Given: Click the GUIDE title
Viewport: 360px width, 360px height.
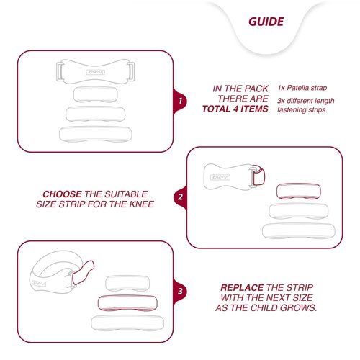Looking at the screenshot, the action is (x=266, y=22).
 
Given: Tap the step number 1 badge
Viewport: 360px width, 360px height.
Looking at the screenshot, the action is (x=180, y=101).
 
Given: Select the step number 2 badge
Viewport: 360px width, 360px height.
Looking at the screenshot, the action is (x=180, y=197).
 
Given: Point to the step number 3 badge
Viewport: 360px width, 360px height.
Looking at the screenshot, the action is (x=180, y=292).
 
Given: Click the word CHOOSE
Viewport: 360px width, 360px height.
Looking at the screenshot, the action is (x=62, y=194).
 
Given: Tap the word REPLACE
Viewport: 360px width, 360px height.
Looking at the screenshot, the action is (x=242, y=287).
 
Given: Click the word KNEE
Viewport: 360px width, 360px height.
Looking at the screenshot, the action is (x=142, y=204).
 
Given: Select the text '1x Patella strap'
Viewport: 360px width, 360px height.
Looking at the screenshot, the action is (x=302, y=88).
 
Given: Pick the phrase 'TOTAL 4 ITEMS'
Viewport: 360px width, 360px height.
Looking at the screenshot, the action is (x=235, y=109).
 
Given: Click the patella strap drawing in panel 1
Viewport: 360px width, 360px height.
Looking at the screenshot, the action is (x=95, y=71).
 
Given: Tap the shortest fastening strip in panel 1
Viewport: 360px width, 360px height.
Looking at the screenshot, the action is (x=96, y=94).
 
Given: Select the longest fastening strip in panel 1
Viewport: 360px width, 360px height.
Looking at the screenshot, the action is (x=96, y=134).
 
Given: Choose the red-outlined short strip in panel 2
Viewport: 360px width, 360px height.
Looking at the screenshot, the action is (x=299, y=192).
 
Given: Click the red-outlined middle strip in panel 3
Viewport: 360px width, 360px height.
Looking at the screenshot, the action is (x=127, y=303).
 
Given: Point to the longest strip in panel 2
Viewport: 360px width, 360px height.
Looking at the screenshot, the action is (x=299, y=230).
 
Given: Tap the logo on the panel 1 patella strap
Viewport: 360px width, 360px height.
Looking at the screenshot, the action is (x=95, y=72).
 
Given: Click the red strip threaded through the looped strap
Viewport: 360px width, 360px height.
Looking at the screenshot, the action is (x=83, y=273).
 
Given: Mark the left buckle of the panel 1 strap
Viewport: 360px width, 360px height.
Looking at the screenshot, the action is (x=59, y=71).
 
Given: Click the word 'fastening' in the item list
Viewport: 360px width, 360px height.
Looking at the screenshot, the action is (x=289, y=110).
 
